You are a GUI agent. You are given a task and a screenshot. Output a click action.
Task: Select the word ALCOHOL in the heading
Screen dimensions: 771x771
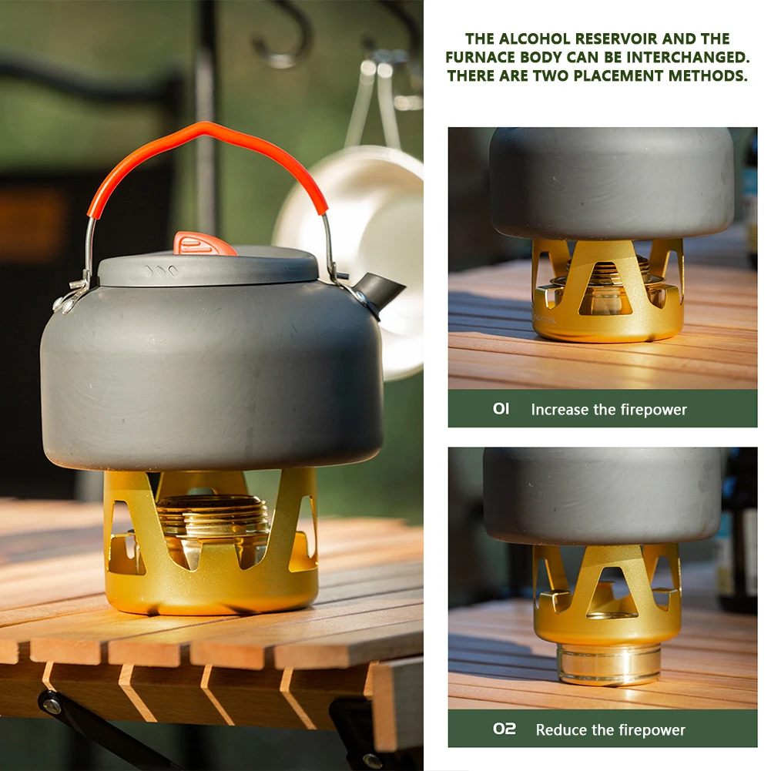click(x=531, y=39)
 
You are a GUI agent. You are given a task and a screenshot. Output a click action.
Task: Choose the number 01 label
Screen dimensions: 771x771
click(x=501, y=409)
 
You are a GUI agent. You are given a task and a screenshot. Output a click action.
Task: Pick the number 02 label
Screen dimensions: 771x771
click(x=505, y=729)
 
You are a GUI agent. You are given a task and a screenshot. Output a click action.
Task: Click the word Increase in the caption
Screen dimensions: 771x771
click(x=560, y=410)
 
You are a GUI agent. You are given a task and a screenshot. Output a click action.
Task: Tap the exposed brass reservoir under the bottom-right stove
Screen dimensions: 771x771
click(x=609, y=664)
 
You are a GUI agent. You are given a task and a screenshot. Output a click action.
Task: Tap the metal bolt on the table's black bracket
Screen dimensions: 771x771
click(x=52, y=706)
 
